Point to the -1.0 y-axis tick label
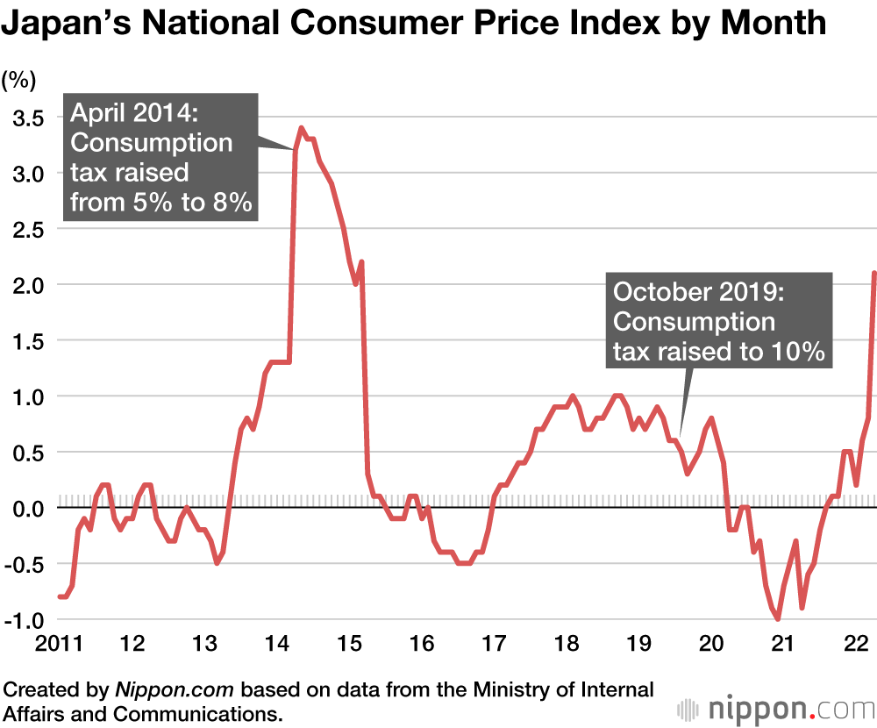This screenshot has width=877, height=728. (x=22, y=620)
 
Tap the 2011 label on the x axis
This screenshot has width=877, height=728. (x=58, y=645)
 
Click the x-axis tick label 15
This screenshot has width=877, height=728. (x=349, y=645)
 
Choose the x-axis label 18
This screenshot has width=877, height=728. (x=567, y=645)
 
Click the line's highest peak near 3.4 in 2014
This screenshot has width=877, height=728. (x=302, y=128)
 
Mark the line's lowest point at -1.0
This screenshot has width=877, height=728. (x=778, y=619)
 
